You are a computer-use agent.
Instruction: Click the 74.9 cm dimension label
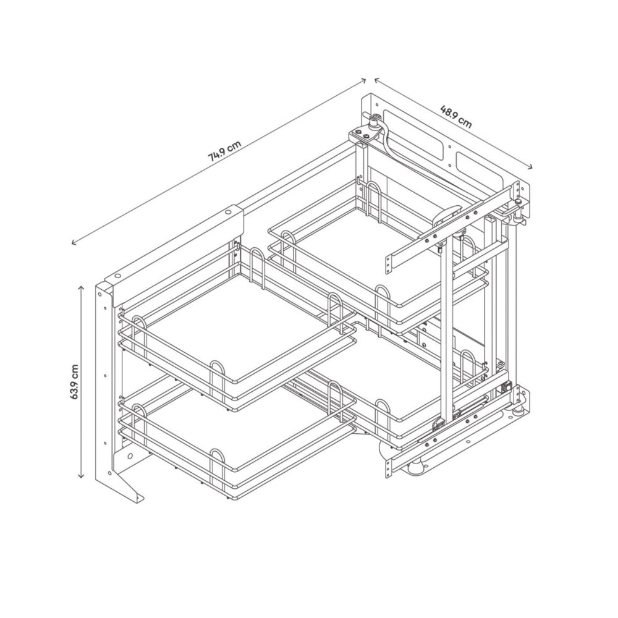click(x=225, y=151)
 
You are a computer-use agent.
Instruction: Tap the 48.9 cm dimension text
click(x=455, y=117)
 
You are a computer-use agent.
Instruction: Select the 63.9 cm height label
click(x=75, y=381)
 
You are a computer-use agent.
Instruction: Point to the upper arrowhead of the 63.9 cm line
click(x=81, y=288)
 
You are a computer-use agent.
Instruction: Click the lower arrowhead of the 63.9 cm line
click(x=81, y=476)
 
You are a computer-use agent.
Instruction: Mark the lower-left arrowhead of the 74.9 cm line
click(x=74, y=243)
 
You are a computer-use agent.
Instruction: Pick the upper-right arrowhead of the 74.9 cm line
click(x=364, y=80)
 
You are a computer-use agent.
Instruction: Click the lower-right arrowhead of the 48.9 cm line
click(x=530, y=167)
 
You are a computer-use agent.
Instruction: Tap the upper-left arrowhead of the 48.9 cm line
click(x=377, y=80)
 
